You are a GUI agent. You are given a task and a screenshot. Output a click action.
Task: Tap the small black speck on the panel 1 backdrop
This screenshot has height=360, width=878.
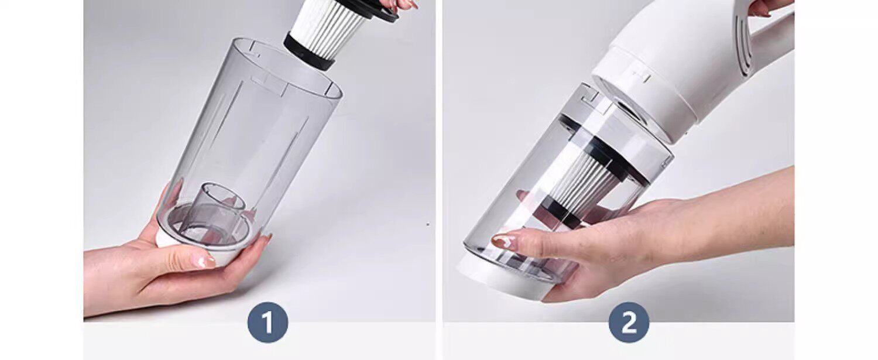tap(428, 224)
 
